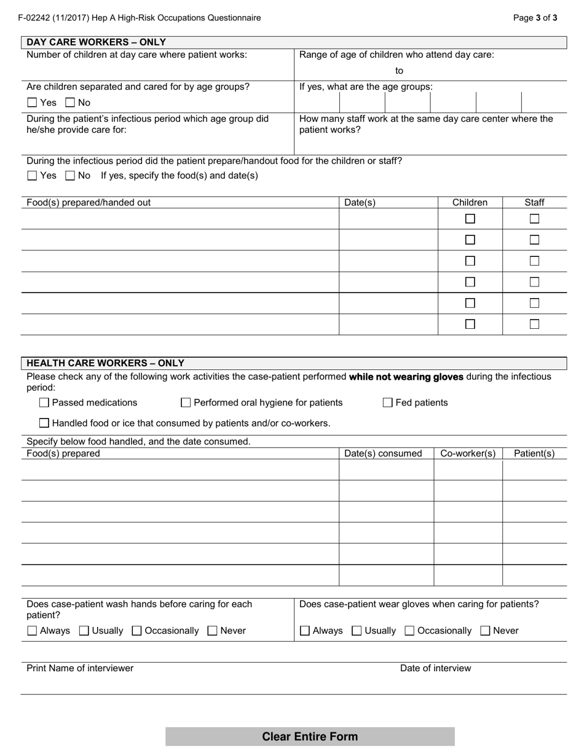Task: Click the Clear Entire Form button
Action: [x=310, y=736]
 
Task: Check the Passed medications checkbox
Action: [x=44, y=403]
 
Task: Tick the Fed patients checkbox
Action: [x=388, y=403]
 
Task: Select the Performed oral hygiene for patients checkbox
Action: [x=186, y=403]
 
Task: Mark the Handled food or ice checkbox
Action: [x=44, y=423]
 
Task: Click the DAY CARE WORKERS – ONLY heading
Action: [x=96, y=42]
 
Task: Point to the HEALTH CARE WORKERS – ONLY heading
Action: [x=105, y=363]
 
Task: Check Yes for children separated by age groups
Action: [x=33, y=103]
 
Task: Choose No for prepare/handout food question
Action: [x=70, y=176]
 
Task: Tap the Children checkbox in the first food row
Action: [x=470, y=219]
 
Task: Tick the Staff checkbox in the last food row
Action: [x=534, y=324]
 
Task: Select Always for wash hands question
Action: [x=33, y=631]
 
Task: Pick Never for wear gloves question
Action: [x=485, y=631]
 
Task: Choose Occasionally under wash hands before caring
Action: [x=137, y=631]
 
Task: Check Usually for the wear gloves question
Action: [x=357, y=631]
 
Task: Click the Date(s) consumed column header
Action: [x=383, y=454]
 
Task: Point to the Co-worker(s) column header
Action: [x=468, y=454]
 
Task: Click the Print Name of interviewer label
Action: [x=80, y=668]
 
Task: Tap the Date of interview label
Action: [x=435, y=668]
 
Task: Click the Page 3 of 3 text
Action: [x=535, y=18]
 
